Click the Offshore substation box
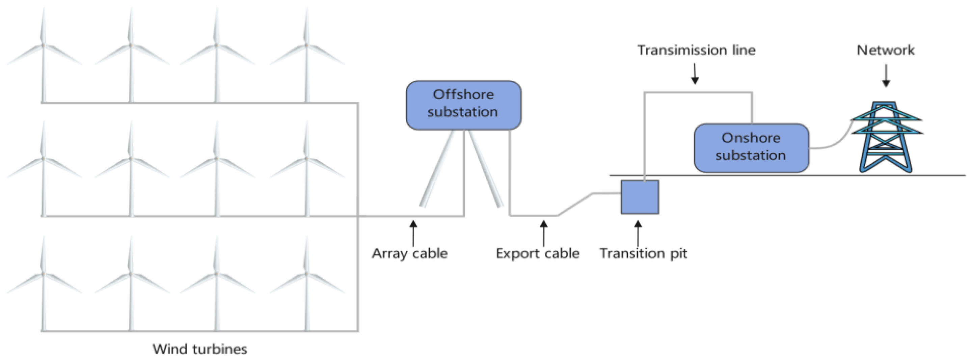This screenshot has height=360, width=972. pyautogui.click(x=463, y=105)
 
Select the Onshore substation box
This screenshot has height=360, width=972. pyautogui.click(x=751, y=148)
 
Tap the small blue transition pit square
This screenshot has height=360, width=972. pyautogui.click(x=640, y=197)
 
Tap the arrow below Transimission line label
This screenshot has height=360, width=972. pyautogui.click(x=695, y=73)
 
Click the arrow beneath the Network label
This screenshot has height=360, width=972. pyautogui.click(x=886, y=75)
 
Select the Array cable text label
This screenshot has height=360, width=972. pyautogui.click(x=409, y=253)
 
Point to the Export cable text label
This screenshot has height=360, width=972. pyautogui.click(x=537, y=253)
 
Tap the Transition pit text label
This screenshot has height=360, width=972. pyautogui.click(x=643, y=253)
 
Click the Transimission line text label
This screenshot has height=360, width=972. pyautogui.click(x=696, y=50)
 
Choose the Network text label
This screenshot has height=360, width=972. pyautogui.click(x=886, y=50)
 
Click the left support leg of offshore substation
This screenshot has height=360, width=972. pyautogui.click(x=438, y=170)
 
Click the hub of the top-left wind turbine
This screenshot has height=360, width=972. pyautogui.click(x=44, y=45)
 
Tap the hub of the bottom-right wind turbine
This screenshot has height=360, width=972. pyautogui.click(x=306, y=273)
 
